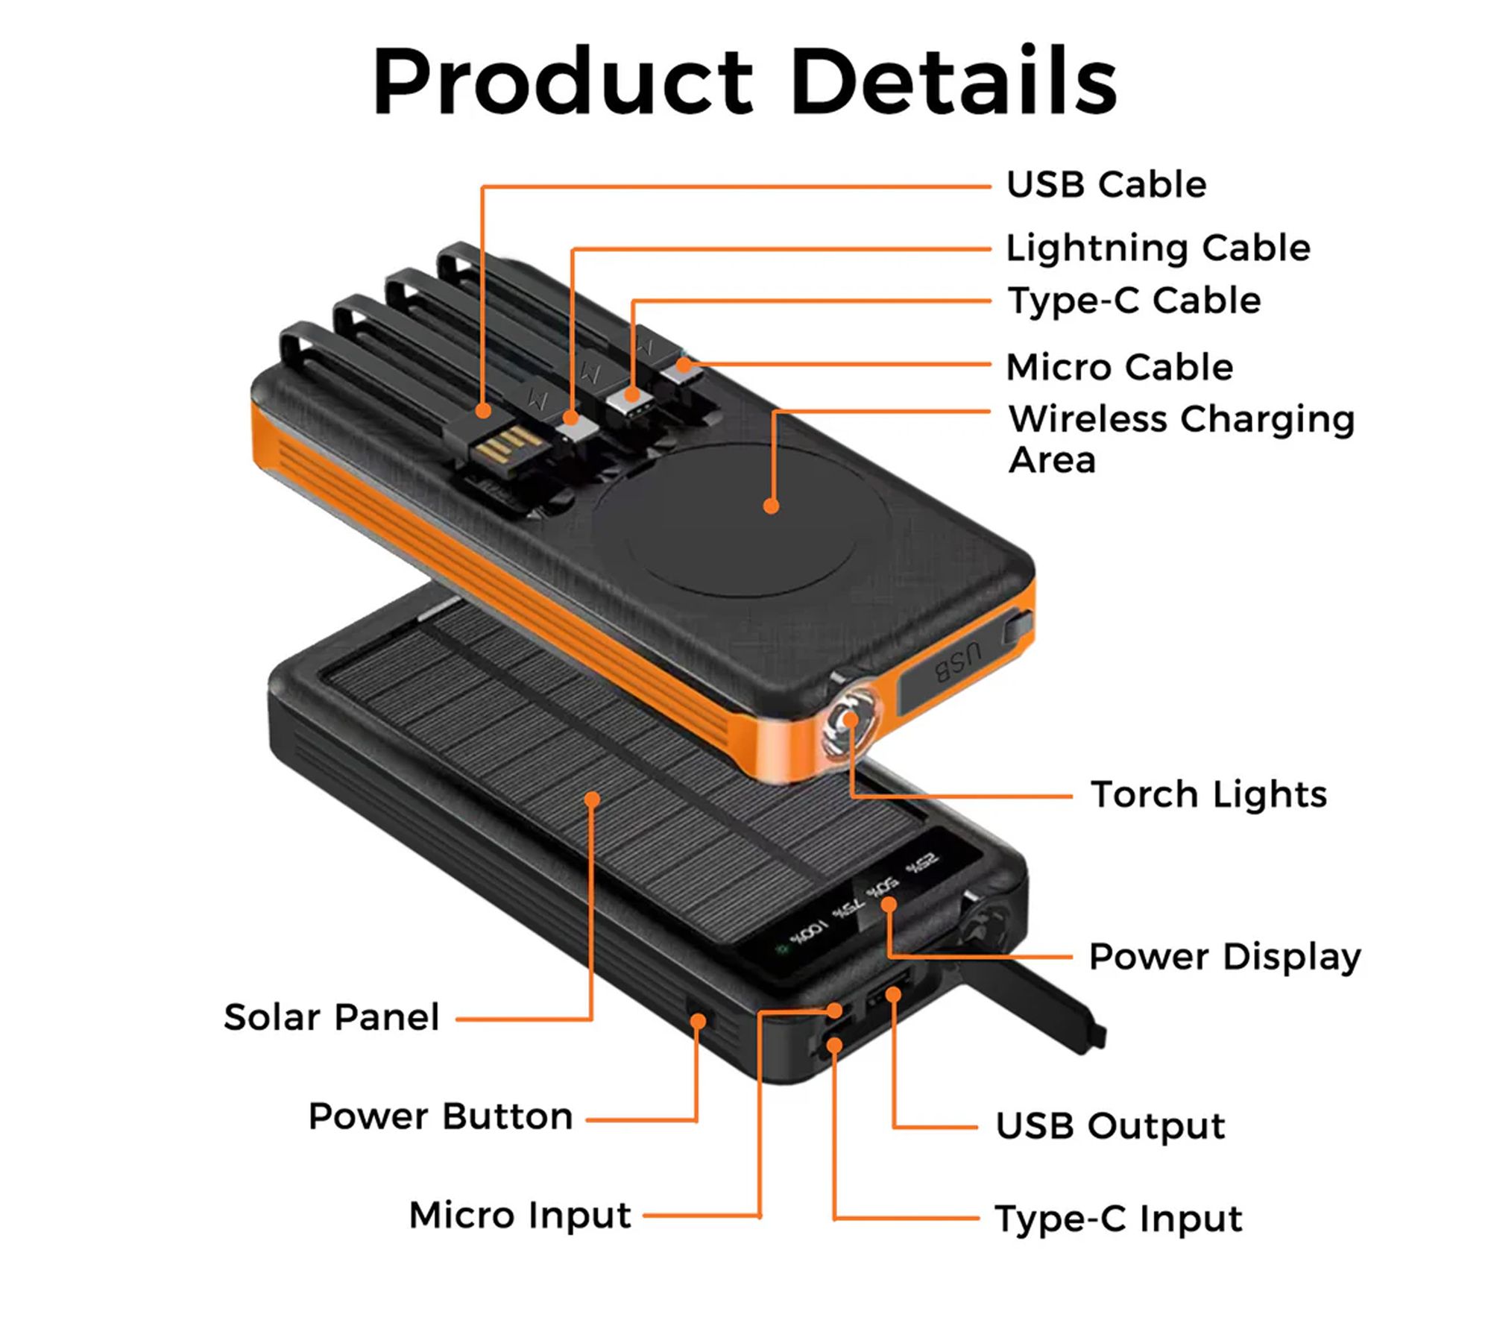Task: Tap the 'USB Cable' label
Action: point(1106,184)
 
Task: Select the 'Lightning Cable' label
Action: point(1158,248)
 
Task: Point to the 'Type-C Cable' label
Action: point(1134,301)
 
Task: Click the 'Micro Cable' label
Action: point(1119,367)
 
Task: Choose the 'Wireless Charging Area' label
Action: point(1181,439)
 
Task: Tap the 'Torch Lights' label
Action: point(1208,794)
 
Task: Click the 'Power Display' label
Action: point(1225,957)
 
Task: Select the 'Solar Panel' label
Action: point(332,1017)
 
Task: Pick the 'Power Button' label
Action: point(441,1116)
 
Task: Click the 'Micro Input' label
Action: point(520,1215)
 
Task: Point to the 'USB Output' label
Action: point(1110,1126)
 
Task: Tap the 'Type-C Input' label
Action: point(1118,1219)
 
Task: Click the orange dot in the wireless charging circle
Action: point(772,506)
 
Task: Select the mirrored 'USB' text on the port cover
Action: point(959,662)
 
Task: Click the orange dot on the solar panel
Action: point(592,800)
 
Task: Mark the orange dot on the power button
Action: point(698,1019)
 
